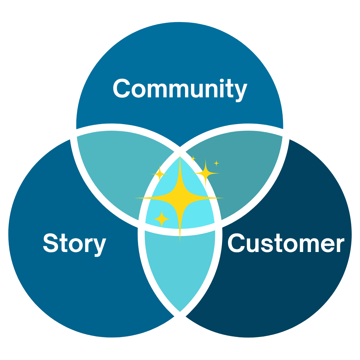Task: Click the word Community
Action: [x=180, y=89]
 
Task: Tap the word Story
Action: [x=75, y=243]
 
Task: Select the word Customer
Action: [x=285, y=243]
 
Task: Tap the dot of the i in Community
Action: [x=222, y=80]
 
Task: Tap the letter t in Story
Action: [x=63, y=243]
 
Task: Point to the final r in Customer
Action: [x=339, y=245]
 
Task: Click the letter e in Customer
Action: [x=329, y=245]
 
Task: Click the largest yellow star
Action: [x=180, y=198]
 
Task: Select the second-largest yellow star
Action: [x=206, y=173]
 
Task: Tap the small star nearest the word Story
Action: [x=162, y=219]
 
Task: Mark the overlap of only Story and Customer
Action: [x=180, y=267]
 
